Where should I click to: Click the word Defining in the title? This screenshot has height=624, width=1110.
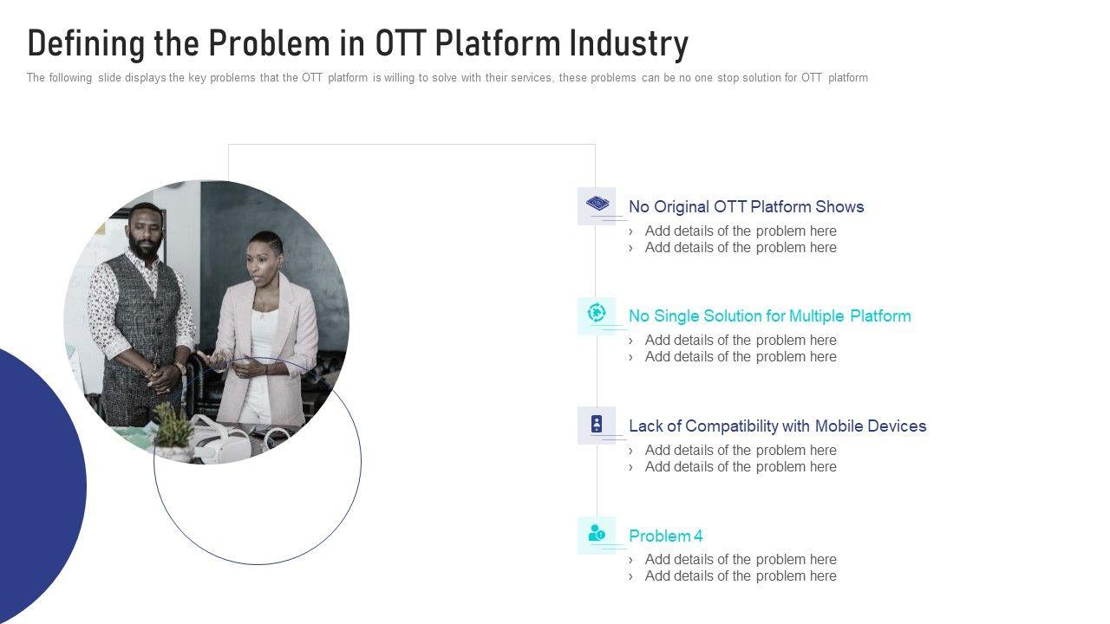pyautogui.click(x=86, y=43)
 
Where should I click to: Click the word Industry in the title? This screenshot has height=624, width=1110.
pyautogui.click(x=629, y=43)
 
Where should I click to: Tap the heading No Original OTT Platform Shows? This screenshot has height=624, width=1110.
pyautogui.click(x=746, y=206)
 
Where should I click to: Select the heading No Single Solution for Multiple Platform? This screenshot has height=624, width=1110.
pyautogui.click(x=769, y=316)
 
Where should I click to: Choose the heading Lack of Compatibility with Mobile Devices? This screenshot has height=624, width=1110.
pyautogui.click(x=778, y=426)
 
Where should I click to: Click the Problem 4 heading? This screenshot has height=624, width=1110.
pyautogui.click(x=665, y=536)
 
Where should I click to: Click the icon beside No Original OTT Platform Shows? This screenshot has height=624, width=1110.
pyautogui.click(x=597, y=203)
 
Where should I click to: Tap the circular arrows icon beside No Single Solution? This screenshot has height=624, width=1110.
pyautogui.click(x=596, y=313)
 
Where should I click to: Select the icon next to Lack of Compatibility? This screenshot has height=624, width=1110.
pyautogui.click(x=596, y=425)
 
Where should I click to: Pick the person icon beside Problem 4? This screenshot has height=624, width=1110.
pyautogui.click(x=596, y=533)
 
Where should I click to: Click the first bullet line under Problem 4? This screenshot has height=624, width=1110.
pyautogui.click(x=733, y=560)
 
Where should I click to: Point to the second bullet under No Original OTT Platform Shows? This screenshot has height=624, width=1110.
pyautogui.click(x=733, y=248)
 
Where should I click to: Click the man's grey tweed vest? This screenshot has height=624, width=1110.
pyautogui.click(x=143, y=327)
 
